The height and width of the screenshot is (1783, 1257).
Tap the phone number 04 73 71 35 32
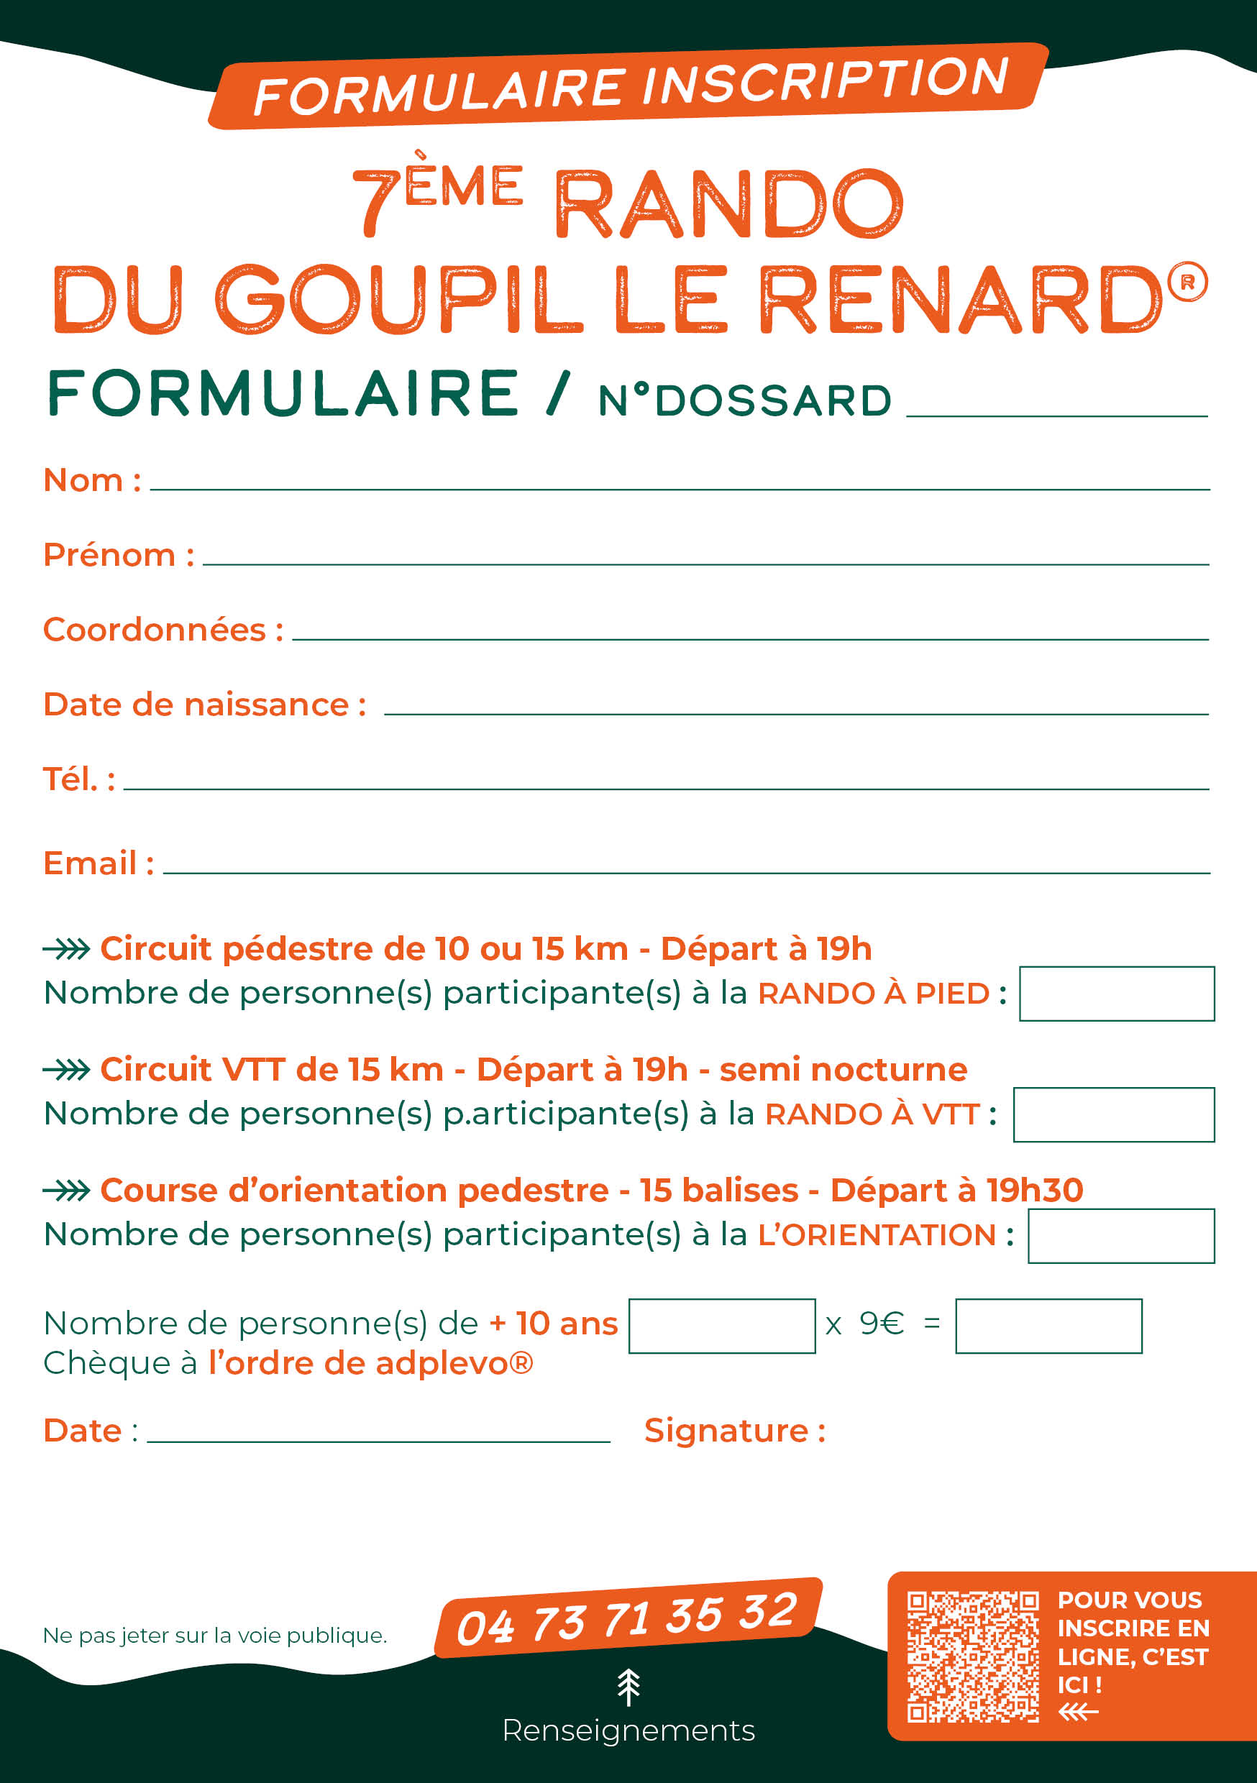627,1619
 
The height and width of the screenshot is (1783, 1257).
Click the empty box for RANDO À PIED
1116,993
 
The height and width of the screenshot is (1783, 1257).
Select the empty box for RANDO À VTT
1113,1114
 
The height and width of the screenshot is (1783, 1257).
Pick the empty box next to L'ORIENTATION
1120,1236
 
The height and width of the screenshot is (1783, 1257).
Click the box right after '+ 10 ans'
722,1326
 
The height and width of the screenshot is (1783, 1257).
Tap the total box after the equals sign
1048,1326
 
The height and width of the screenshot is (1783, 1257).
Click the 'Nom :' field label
91,481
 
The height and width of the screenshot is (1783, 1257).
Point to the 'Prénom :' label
118,555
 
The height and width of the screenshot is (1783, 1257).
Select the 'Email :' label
98,863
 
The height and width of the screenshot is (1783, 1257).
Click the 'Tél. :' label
78,779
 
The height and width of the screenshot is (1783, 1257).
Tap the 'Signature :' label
734,1431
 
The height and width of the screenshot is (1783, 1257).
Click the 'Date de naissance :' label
204,705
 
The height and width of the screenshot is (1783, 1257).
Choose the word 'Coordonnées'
155,630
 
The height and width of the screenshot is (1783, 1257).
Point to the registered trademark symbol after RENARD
1187,282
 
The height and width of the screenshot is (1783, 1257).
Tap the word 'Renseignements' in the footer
628,1731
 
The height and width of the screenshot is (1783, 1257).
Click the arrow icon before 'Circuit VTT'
67,1070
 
